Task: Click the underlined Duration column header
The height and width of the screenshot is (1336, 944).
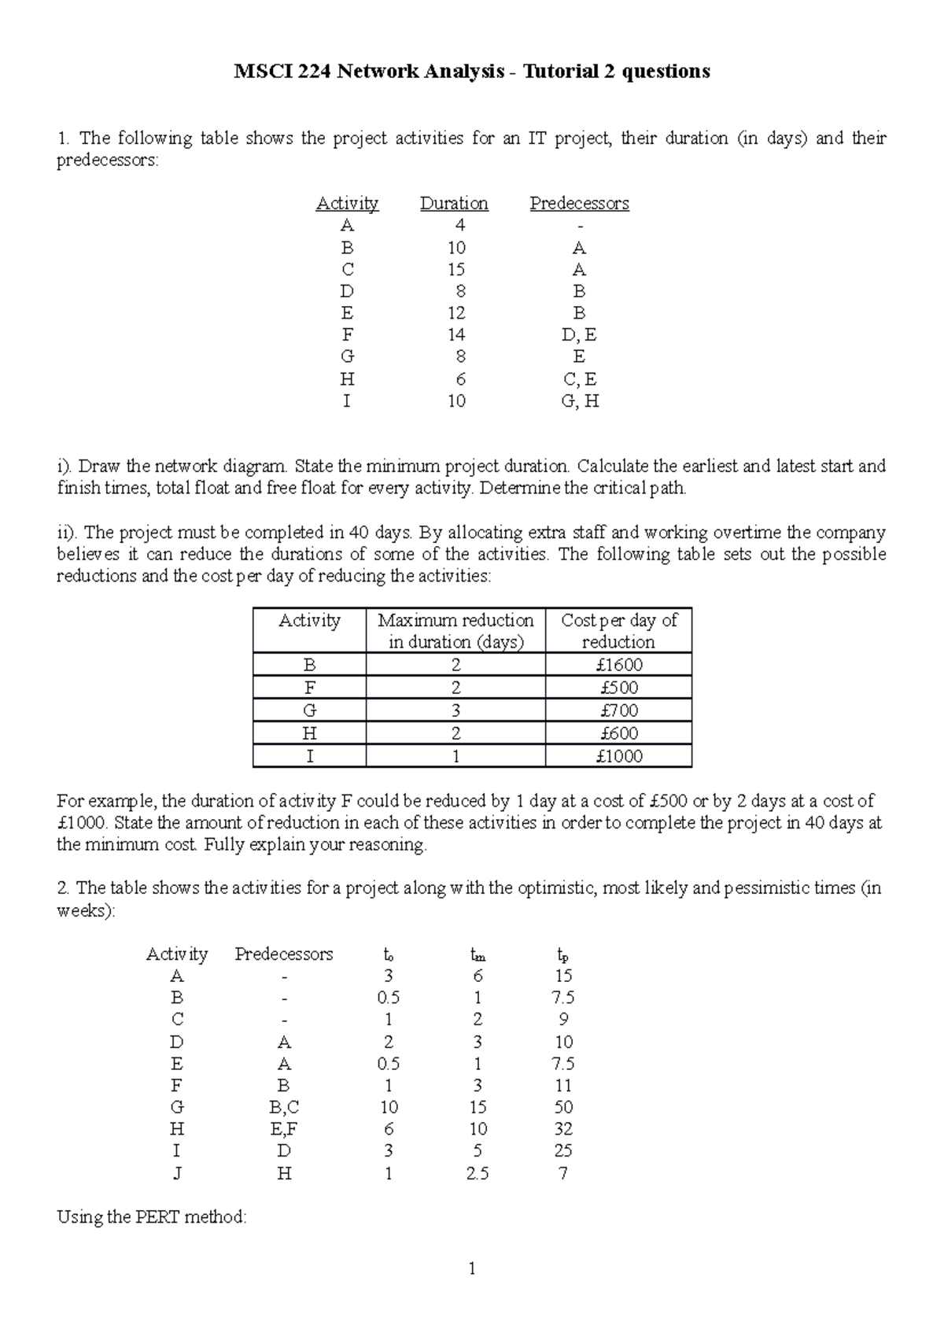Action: (454, 203)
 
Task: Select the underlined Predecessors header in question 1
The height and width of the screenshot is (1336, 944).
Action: (579, 203)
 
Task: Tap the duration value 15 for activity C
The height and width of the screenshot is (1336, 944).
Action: (456, 269)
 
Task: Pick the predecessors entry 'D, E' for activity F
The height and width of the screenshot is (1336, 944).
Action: (579, 335)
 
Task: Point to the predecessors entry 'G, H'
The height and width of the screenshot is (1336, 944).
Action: (581, 401)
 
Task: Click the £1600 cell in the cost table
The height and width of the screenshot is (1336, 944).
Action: (618, 665)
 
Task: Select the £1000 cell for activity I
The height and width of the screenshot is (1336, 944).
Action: (618, 757)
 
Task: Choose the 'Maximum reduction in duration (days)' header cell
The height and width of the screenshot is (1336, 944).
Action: (455, 630)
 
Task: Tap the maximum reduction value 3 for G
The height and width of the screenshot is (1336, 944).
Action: (455, 710)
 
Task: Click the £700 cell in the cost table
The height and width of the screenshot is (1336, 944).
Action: (618, 710)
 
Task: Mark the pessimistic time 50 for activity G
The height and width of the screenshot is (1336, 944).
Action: (562, 1107)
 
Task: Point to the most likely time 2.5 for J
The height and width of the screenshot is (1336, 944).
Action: (477, 1173)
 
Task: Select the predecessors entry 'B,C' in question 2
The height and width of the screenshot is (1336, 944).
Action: (284, 1107)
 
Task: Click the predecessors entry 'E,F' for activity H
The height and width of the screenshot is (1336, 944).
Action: (284, 1129)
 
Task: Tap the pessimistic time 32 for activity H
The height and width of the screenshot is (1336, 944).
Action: (562, 1129)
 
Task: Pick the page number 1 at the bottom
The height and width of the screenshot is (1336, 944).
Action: (471, 1268)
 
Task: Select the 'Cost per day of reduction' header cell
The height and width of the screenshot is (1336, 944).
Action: (618, 630)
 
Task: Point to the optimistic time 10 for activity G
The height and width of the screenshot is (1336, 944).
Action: (389, 1107)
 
